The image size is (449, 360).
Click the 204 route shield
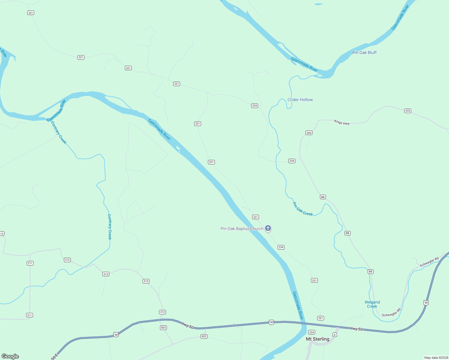(309, 133)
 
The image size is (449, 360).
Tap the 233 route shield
(408, 111)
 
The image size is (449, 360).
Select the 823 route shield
(163, 328)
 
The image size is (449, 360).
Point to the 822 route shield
(204, 336)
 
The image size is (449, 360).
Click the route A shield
(335, 334)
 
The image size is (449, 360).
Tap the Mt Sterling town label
(318, 339)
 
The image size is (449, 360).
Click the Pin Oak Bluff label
(364, 52)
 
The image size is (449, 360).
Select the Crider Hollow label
(300, 100)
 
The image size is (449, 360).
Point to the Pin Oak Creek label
(303, 209)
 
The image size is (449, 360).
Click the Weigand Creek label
(372, 304)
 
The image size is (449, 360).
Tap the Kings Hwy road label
(342, 122)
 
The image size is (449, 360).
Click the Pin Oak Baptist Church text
(242, 229)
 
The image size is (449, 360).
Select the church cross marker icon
(268, 228)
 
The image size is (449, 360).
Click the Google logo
(10, 356)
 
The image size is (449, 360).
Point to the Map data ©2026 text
(436, 358)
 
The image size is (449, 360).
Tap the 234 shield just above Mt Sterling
(312, 332)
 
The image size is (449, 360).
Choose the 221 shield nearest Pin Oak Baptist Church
(255, 217)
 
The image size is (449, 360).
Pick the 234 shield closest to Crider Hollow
(255, 106)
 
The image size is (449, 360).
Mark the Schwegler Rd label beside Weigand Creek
(391, 313)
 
